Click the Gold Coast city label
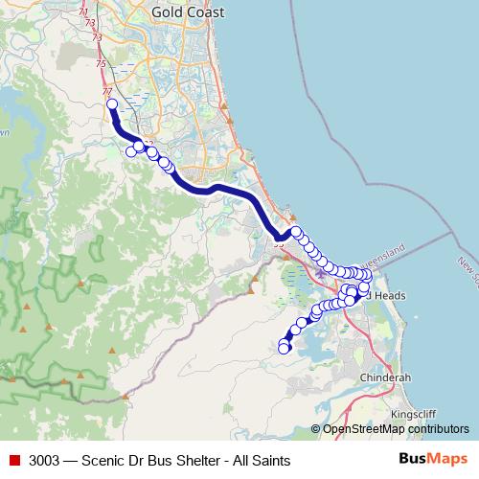pos(188,12)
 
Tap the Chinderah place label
pos(384,378)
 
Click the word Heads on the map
pos(391,297)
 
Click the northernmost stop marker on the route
pos(111,104)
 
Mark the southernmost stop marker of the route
pos(284,350)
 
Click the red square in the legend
pos(13,460)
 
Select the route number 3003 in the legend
pos(44,460)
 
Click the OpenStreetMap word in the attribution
pos(364,429)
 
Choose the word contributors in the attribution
pos(438,429)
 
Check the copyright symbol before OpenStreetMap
pos(316,429)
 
